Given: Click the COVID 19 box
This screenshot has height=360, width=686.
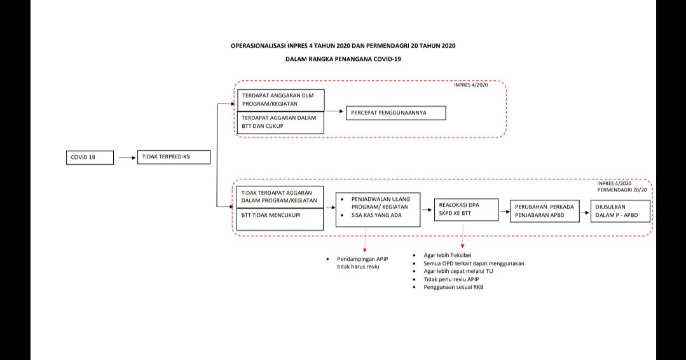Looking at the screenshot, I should [90, 158].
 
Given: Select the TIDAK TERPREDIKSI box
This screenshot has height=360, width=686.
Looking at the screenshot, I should [174, 156].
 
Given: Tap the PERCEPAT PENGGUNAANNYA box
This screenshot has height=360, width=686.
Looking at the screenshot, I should [395, 113].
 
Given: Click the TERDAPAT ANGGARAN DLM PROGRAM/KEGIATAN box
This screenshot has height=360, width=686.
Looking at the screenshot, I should [280, 99].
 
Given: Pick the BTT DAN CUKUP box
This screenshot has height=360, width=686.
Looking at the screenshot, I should [280, 122].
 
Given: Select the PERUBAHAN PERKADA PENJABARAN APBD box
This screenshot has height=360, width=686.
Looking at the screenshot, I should [545, 211].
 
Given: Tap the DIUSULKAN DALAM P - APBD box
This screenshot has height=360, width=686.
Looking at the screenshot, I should [620, 211].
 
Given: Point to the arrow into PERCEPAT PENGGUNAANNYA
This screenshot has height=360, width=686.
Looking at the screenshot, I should [334, 112].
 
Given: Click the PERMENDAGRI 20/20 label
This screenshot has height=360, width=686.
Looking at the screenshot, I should [626, 190].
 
